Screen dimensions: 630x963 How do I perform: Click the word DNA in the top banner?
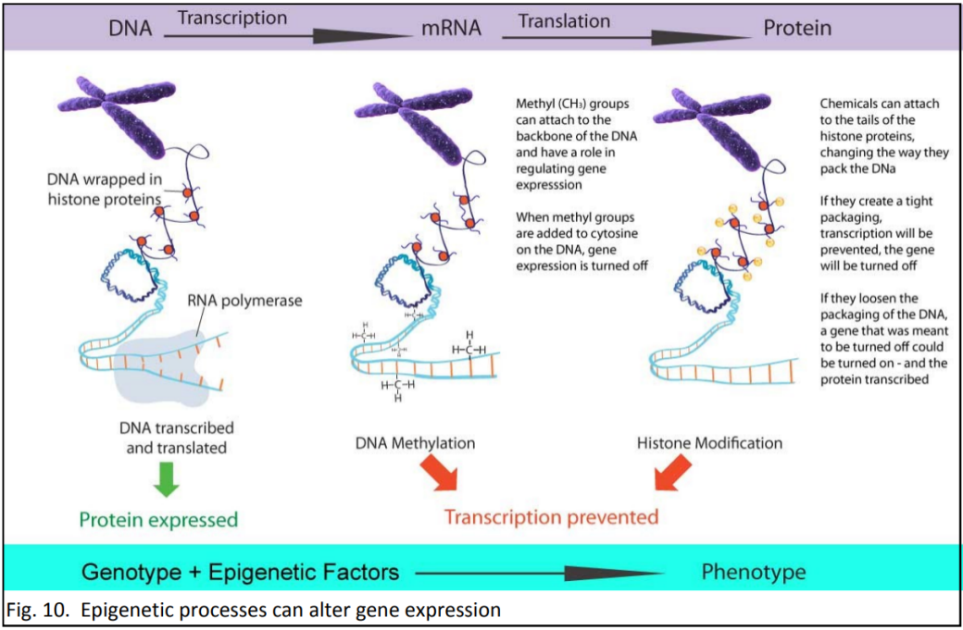pos(130,28)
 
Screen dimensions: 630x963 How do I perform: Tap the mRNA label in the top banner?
pos(451,28)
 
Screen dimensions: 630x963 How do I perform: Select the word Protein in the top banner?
pos(796,28)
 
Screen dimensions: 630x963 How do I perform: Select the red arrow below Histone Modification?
pos(673,477)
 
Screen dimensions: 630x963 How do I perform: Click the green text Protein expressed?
pos(158,520)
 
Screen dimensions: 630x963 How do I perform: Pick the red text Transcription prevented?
pos(551,516)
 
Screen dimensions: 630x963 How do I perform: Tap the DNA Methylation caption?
pos(415,443)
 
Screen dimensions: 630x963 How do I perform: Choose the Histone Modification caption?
pos(709,443)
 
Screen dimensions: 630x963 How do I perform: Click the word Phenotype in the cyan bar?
pos(753,571)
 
